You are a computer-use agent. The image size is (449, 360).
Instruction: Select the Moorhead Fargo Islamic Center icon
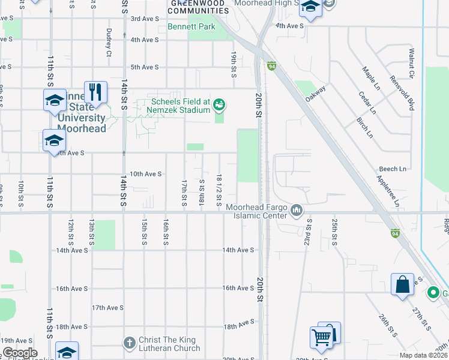click(x=296, y=211)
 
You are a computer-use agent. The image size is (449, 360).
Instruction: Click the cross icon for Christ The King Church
click(x=129, y=343)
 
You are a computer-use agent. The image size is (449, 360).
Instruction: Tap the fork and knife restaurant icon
click(x=95, y=92)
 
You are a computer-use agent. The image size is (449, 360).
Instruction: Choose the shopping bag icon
click(x=402, y=284)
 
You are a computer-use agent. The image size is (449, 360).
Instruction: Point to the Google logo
click(x=19, y=353)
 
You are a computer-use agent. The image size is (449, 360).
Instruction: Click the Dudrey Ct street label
click(x=109, y=43)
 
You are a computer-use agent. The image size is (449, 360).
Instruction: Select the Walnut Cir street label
click(x=412, y=64)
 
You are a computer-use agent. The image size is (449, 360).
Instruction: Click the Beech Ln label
click(x=393, y=170)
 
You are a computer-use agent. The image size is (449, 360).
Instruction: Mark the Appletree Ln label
click(x=388, y=191)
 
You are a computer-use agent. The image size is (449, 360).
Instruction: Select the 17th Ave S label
click(x=107, y=307)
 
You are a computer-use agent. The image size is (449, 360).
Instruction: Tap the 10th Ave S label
click(x=146, y=174)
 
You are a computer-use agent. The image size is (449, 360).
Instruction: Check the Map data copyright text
click(x=424, y=355)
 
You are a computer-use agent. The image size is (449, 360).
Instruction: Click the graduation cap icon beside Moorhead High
click(x=310, y=8)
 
